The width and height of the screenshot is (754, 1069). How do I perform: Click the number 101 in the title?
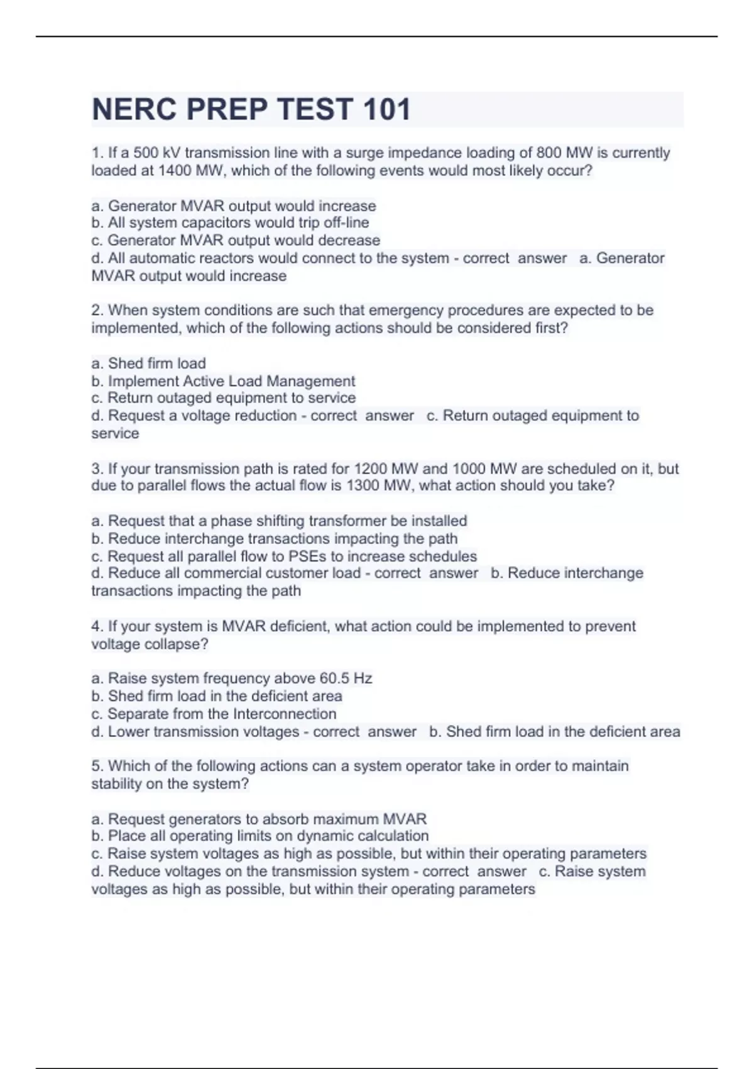pyautogui.click(x=385, y=109)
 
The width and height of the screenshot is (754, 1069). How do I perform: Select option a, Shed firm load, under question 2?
pyautogui.click(x=149, y=363)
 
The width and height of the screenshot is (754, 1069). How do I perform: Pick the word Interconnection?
pyautogui.click(x=285, y=714)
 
